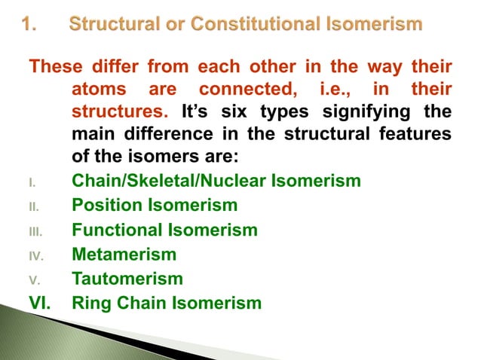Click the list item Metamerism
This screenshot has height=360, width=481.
[124, 255]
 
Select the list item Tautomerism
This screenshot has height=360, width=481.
[127, 279]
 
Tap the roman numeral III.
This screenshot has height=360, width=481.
[32, 231]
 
